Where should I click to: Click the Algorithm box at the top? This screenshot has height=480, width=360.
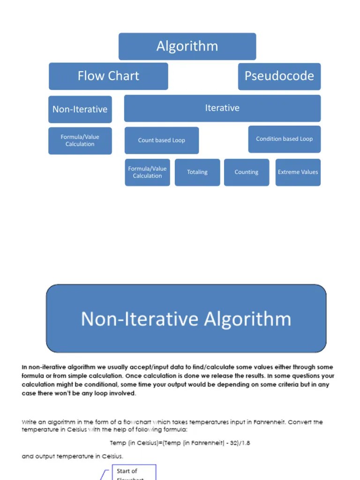(x=187, y=46)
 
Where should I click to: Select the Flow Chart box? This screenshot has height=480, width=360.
(x=108, y=76)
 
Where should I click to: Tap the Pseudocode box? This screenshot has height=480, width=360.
(x=279, y=76)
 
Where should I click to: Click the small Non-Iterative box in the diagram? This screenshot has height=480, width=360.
(x=80, y=109)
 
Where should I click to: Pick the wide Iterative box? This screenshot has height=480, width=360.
(x=222, y=108)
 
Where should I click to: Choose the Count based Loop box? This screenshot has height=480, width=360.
(x=161, y=140)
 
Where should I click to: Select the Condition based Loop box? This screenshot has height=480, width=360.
(x=284, y=139)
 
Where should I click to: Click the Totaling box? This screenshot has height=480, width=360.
(x=197, y=172)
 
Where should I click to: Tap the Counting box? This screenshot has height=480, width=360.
(x=247, y=172)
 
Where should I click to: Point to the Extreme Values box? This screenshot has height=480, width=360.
(x=298, y=172)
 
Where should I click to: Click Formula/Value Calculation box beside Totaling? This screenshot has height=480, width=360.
(x=147, y=172)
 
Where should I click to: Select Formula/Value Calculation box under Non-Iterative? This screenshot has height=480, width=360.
(x=80, y=141)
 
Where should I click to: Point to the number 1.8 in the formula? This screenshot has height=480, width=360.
(x=245, y=443)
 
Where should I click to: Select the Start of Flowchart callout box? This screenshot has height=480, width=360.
(x=134, y=472)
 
